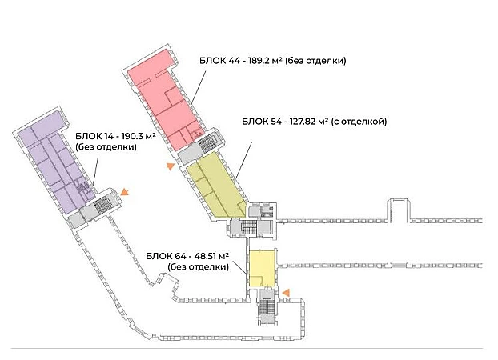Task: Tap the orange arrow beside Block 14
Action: (125, 191)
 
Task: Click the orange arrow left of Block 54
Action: (170, 166)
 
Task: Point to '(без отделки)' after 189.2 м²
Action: (315, 60)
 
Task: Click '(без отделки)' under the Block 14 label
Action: (105, 147)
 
